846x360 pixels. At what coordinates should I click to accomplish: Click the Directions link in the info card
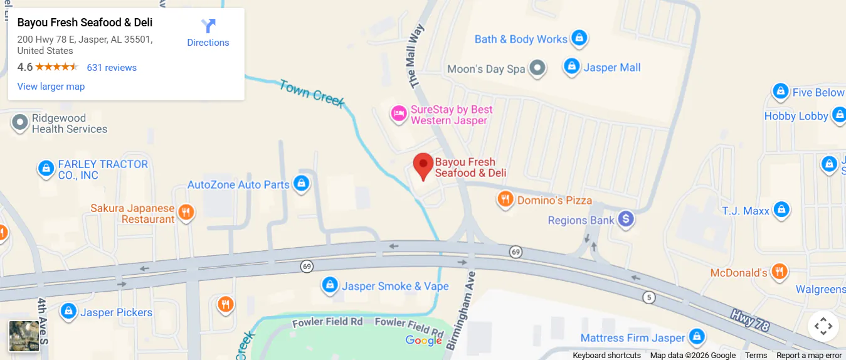[208, 33]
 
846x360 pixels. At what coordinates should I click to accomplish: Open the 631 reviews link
[112, 68]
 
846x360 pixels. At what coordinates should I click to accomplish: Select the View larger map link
[51, 87]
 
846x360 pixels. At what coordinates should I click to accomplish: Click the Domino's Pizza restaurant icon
[505, 200]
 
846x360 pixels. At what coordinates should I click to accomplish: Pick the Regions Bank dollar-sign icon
[625, 220]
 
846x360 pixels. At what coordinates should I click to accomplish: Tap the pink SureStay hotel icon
[398, 114]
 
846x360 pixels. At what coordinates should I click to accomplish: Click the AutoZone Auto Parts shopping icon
[302, 184]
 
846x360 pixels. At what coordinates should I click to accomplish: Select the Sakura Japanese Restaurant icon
[186, 213]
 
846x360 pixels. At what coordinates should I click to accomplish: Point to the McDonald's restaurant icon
[779, 272]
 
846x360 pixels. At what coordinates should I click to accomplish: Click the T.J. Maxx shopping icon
[781, 209]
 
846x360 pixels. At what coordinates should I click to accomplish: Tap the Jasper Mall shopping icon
[571, 66]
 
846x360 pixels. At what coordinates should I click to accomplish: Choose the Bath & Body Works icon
[579, 38]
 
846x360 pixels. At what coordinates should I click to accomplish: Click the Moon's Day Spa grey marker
[537, 68]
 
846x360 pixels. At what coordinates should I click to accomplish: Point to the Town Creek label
[312, 93]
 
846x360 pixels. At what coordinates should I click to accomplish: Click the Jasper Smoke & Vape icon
[330, 285]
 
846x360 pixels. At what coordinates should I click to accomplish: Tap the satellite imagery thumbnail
[24, 336]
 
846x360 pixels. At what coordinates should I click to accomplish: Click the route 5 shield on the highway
[649, 297]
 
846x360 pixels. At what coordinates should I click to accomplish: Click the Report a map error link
[809, 356]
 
